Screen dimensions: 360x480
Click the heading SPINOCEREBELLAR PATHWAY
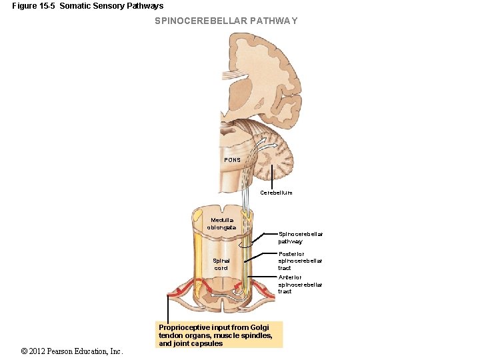(x=226, y=21)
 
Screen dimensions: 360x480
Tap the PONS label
(x=232, y=160)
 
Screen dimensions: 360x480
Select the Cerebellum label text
(x=276, y=192)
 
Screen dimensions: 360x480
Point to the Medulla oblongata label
(x=223, y=223)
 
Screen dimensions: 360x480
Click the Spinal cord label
(x=221, y=264)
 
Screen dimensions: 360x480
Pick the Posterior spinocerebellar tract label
(x=300, y=261)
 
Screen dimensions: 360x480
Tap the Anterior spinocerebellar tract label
(x=300, y=284)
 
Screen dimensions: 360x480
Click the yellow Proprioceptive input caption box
(x=219, y=335)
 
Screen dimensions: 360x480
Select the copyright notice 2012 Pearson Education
(x=72, y=351)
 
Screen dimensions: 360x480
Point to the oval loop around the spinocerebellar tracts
(x=247, y=250)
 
